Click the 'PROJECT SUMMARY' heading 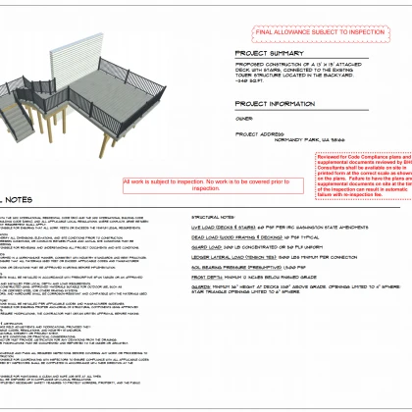click(x=271, y=54)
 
